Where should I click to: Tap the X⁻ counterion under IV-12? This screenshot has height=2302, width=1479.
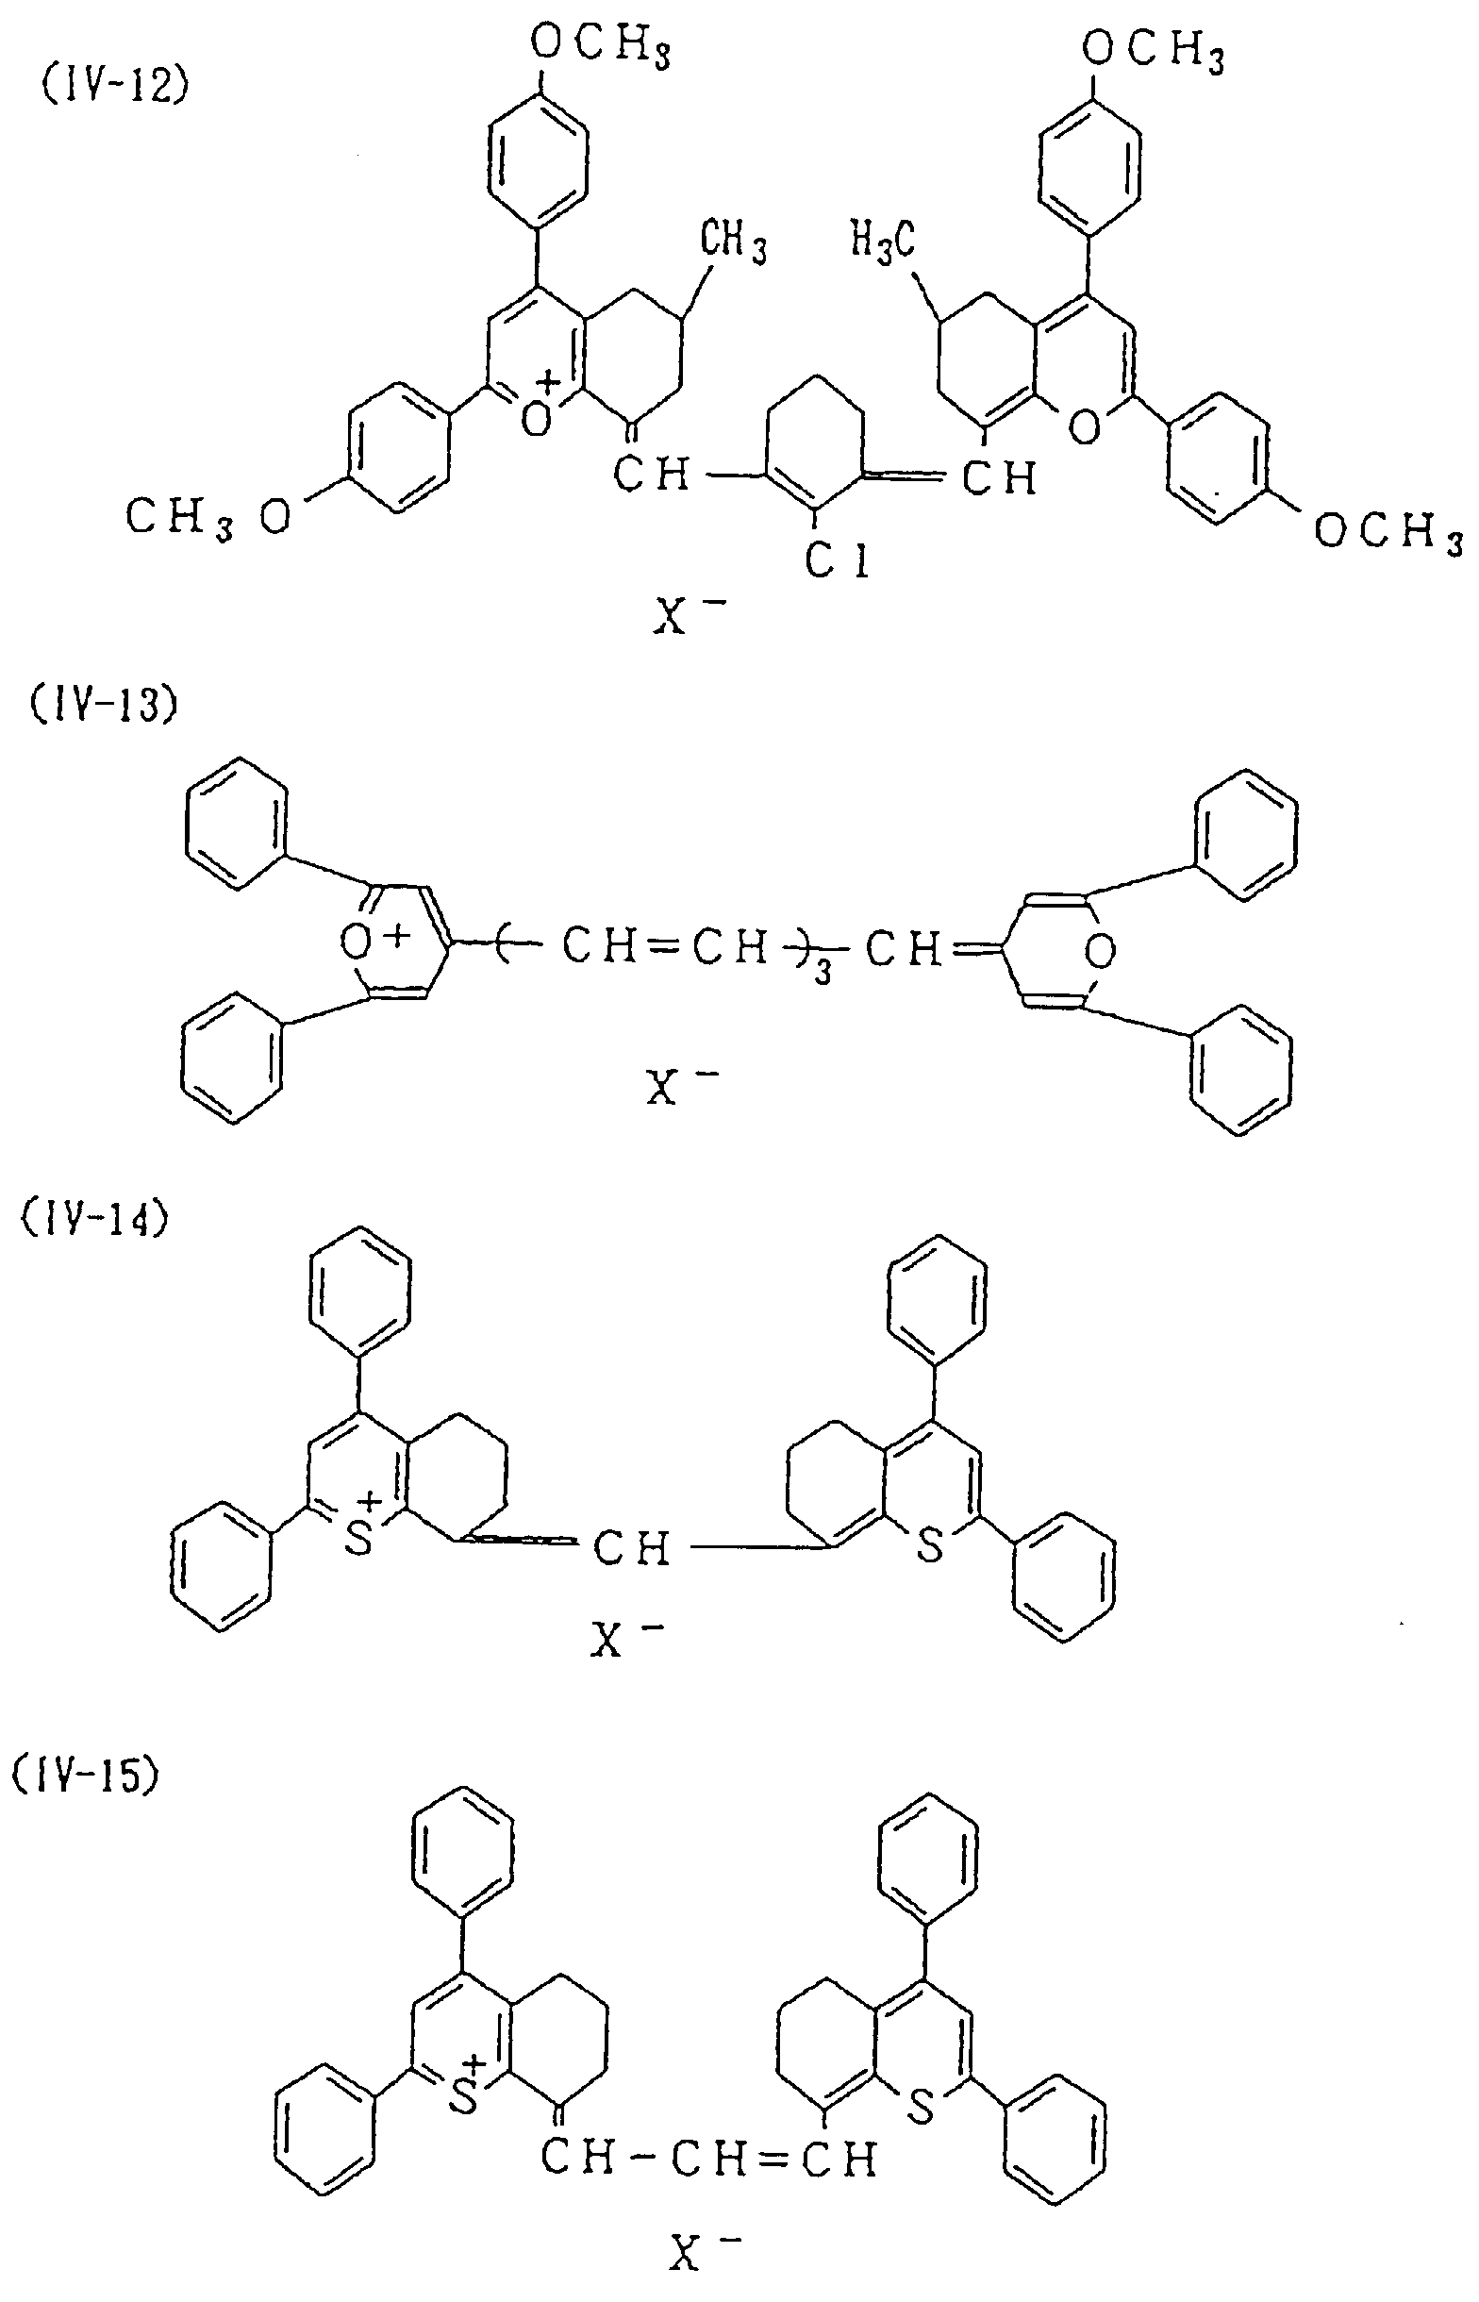coord(682,615)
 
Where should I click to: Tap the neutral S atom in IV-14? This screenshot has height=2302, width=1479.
coord(929,1546)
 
